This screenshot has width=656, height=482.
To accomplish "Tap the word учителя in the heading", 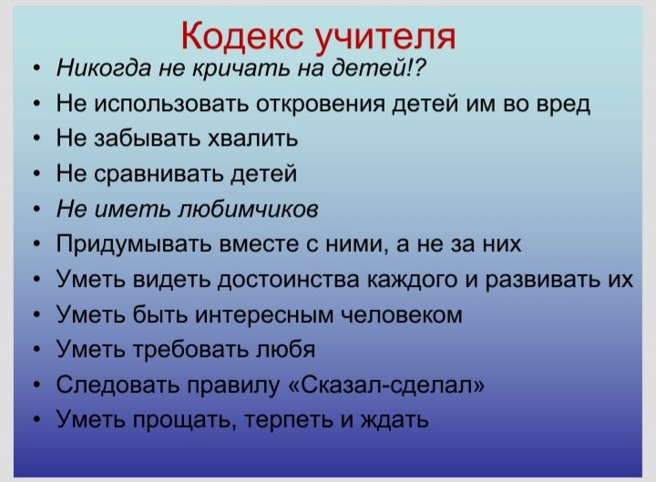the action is coord(385,38).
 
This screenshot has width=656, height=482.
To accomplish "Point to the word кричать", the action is coord(241,67).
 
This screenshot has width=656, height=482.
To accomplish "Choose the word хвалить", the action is coord(252,138).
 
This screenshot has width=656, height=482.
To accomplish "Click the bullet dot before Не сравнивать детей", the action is coord(37,173).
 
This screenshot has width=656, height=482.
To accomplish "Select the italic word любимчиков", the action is coord(249,208).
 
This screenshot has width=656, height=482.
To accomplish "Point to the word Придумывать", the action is coord(135,243).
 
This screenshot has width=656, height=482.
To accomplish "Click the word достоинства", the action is coord(289,279).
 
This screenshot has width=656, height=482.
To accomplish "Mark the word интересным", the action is coord(264,314).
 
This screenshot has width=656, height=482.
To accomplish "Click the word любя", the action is coord(285,349).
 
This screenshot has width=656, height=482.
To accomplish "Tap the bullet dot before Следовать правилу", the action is coord(37,384).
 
